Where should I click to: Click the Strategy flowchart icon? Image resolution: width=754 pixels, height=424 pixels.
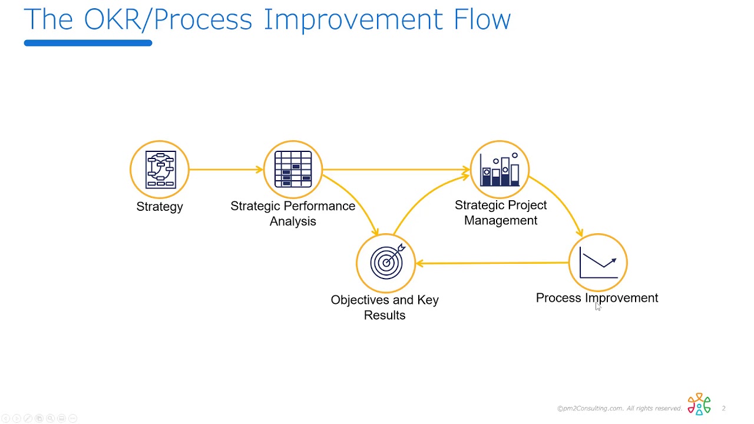point(160,170)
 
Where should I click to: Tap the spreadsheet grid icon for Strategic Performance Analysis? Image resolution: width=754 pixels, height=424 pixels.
point(293,170)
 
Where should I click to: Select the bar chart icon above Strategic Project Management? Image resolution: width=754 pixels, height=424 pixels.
point(500,170)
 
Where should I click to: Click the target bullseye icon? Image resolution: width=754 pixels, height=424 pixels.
point(386,263)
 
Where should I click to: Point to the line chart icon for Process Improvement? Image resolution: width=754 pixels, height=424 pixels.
point(598,263)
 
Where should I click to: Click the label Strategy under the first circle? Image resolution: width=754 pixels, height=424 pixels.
point(160,207)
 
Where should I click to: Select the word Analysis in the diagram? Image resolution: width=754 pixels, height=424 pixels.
point(293,221)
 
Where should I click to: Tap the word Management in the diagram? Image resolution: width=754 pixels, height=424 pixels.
point(501,220)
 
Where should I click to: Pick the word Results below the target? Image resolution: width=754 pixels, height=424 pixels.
point(385,315)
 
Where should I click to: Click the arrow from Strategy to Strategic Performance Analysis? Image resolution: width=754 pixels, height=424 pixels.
point(226,170)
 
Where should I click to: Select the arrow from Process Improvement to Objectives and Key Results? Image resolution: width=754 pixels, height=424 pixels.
point(492,263)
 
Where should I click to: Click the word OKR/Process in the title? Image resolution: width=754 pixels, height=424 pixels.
point(168,19)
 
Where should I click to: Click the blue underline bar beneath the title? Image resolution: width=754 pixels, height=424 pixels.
point(88,43)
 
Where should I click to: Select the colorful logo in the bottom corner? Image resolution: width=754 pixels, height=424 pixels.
point(699,405)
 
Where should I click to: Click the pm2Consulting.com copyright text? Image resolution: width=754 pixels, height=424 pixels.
point(619,409)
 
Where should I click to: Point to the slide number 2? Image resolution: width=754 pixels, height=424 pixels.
point(723,409)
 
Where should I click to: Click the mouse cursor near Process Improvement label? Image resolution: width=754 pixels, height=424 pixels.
point(597,306)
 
